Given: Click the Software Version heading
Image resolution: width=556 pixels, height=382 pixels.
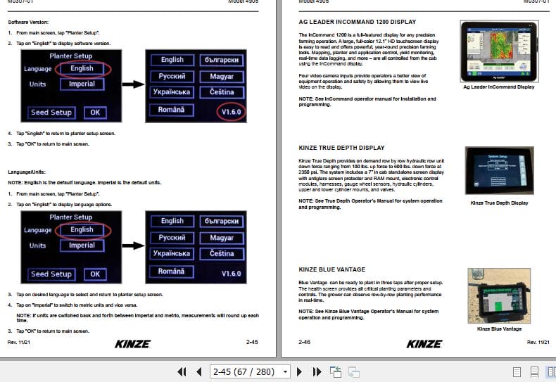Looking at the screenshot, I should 28,23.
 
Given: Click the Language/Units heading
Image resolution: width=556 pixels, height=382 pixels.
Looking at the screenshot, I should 27,172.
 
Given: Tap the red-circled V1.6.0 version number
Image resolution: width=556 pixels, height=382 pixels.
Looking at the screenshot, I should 232,113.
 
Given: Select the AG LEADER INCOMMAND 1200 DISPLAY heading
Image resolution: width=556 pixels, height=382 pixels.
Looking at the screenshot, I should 357,23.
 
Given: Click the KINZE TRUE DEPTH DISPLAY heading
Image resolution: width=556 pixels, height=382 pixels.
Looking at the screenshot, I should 341,148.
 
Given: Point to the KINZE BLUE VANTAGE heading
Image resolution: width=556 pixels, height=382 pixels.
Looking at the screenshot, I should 331,269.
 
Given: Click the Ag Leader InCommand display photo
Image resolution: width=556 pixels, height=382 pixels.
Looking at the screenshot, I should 498,50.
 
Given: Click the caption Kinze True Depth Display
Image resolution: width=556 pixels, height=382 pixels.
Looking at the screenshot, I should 498,203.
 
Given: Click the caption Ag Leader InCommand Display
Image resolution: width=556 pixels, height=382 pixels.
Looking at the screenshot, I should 498,87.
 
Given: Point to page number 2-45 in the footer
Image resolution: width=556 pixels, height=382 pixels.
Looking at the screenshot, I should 252,342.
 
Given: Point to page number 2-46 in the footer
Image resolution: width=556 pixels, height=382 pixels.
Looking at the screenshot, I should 305,342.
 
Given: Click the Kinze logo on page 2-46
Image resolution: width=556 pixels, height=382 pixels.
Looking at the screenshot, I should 424,343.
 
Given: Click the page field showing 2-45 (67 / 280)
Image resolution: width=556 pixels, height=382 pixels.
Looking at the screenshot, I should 245,371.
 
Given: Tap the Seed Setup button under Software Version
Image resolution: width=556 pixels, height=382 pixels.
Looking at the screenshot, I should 51,113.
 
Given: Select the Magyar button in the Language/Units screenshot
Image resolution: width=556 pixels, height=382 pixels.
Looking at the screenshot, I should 222,238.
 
